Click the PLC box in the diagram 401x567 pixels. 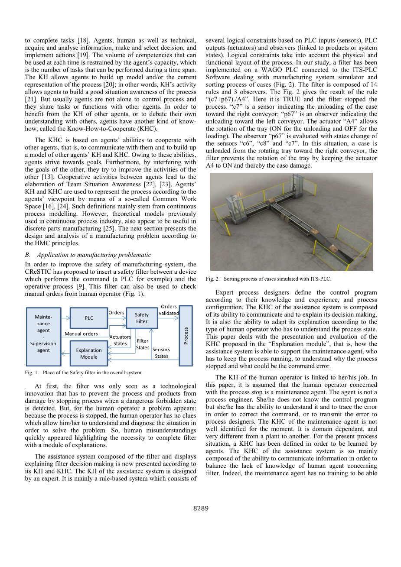coord(89,318)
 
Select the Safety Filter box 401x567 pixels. coord(142,318)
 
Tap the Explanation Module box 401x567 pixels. coord(89,353)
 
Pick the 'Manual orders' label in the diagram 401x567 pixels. coord(81,334)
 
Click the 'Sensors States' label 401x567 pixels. coord(161,353)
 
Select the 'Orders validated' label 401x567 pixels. coord(169,310)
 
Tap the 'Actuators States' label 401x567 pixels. coord(120,340)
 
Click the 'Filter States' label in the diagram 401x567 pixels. coord(143,344)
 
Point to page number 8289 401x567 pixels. coord(201,509)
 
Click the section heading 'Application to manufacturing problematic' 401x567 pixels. coord(94,255)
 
